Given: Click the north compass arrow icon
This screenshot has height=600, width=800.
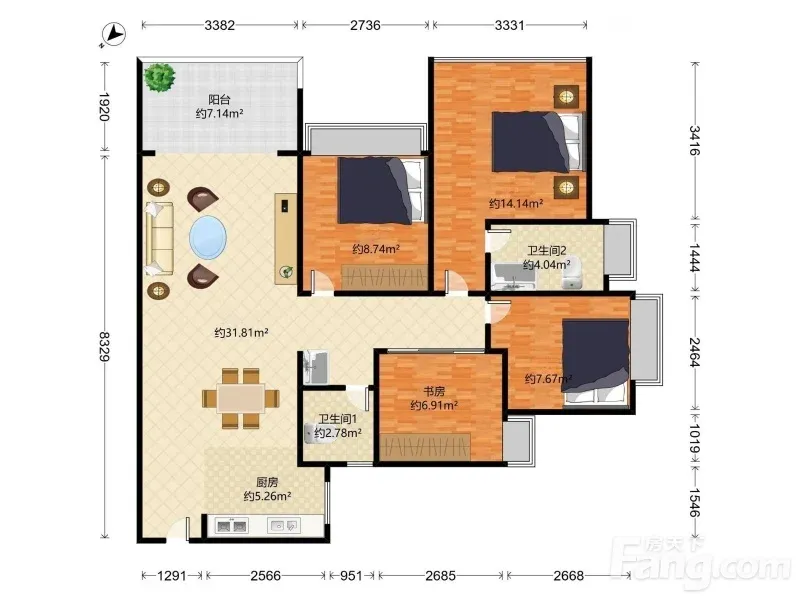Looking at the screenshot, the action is [x=113, y=35].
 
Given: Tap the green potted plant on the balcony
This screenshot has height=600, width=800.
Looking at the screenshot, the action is [x=160, y=77].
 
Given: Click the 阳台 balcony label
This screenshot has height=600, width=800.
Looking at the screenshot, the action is [x=219, y=99].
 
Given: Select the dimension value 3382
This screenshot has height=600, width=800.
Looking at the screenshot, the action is [x=219, y=25].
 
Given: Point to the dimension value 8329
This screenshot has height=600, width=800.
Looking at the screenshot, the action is [x=105, y=346].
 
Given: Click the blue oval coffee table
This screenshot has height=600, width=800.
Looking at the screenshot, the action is [x=208, y=237].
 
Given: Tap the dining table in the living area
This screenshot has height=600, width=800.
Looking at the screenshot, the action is [x=241, y=398].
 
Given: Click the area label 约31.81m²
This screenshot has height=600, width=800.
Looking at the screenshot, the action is [x=241, y=333].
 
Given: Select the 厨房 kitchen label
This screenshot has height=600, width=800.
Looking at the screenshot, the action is [x=267, y=482].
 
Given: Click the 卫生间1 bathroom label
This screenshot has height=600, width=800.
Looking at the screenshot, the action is [x=337, y=419].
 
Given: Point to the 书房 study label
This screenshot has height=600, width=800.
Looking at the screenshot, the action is [x=434, y=391].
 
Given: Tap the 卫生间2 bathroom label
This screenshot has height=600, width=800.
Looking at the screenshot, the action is [x=547, y=251].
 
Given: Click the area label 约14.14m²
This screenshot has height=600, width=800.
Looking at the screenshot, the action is [x=516, y=204].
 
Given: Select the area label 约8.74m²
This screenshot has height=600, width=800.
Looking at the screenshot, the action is [x=376, y=249].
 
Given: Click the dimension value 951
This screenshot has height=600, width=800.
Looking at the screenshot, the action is [x=351, y=576].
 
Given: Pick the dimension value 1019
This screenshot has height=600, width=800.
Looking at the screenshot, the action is [x=694, y=439].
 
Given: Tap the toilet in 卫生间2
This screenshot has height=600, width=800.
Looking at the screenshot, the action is [x=572, y=277].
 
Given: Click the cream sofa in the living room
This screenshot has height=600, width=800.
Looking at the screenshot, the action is [x=159, y=239].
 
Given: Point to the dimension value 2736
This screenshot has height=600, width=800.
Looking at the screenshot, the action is [x=365, y=25].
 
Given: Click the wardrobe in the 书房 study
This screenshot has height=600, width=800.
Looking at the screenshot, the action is [x=425, y=447].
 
